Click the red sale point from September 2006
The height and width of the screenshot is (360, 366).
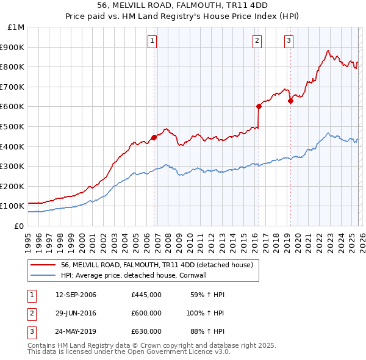pos(154,137)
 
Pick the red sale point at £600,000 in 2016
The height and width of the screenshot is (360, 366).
pos(259,106)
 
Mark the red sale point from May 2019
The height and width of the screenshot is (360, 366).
pos(290,101)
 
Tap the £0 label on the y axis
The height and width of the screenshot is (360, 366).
pos(19,226)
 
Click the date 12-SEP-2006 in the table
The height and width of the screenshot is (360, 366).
pos(76,295)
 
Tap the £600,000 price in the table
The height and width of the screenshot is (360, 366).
pos(146,313)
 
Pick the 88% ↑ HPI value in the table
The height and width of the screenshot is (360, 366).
pos(207,331)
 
